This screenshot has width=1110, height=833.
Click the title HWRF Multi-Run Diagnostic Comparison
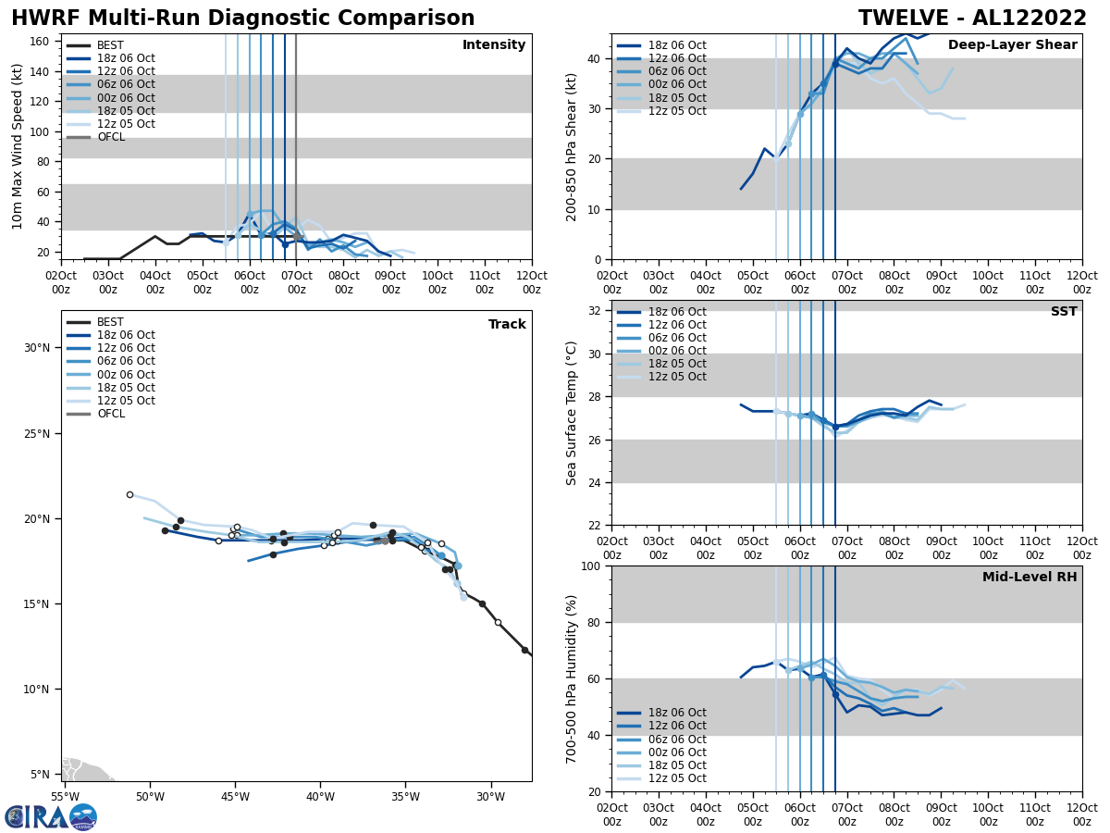(x=242, y=19)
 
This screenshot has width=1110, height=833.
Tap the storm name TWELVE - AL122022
(x=973, y=19)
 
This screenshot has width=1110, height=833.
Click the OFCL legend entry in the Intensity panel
(x=111, y=137)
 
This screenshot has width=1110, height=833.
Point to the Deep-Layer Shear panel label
(x=1012, y=45)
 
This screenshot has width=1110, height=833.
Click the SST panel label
(x=1063, y=312)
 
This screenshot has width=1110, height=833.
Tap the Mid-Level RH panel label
(x=1029, y=578)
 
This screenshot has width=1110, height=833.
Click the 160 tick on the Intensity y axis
(x=42, y=42)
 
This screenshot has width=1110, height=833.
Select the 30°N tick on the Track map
(x=37, y=348)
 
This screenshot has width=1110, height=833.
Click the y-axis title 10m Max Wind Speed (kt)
(x=18, y=146)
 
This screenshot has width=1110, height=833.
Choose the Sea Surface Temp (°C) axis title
(x=573, y=413)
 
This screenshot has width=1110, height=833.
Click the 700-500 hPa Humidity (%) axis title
(x=573, y=679)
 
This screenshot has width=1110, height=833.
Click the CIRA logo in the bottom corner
(x=50, y=816)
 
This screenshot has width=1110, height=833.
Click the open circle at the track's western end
(x=129, y=494)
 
